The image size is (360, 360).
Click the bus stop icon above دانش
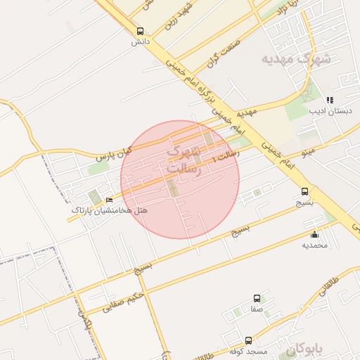click(x=140, y=32)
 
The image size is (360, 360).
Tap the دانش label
click(x=141, y=42)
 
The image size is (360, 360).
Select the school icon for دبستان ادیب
click(x=330, y=101)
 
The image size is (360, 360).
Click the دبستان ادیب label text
click(x=327, y=111)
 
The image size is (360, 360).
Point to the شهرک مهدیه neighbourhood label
click(x=295, y=58)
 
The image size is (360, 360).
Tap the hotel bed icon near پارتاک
click(x=108, y=200)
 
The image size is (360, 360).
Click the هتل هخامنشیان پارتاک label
click(x=102, y=210)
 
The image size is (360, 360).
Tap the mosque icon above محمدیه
click(x=314, y=235)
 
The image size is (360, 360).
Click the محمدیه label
click(x=314, y=245)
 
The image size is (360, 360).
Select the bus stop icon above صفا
click(x=257, y=299)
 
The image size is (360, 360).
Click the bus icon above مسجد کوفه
click(x=248, y=340)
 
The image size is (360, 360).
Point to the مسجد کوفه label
click(x=247, y=351)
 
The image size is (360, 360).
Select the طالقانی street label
click(x=340, y=289)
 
